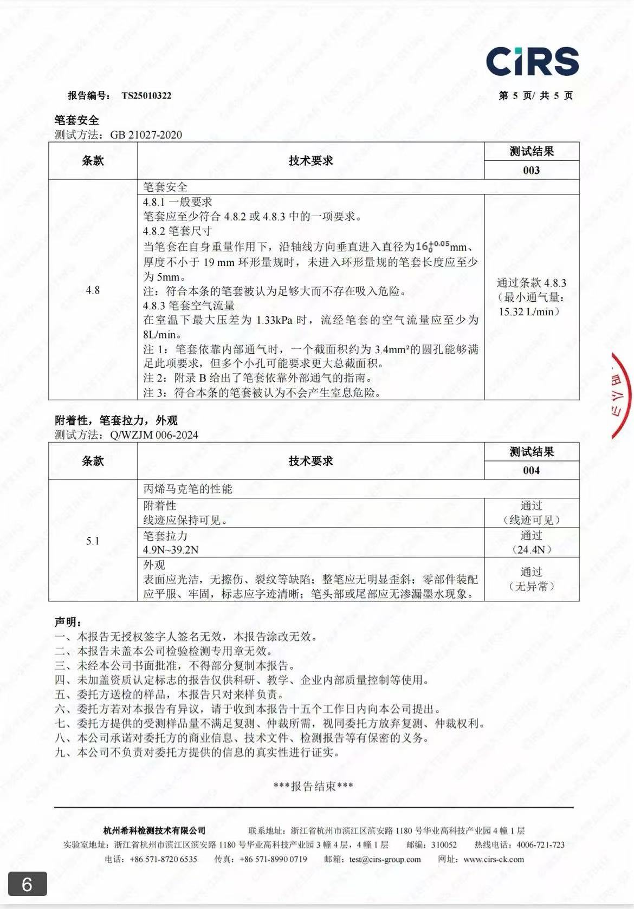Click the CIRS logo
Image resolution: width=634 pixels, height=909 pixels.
(532, 61)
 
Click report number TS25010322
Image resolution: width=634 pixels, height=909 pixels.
(146, 96)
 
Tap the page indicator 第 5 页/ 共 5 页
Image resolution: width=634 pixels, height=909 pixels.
(535, 96)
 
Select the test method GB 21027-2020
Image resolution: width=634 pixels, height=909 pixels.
(146, 135)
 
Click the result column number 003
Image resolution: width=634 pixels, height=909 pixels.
(531, 170)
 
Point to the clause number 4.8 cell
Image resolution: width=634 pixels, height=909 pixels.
(93, 290)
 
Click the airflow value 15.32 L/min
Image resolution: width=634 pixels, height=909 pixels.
(528, 311)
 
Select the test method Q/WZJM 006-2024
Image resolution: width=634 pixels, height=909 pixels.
(154, 435)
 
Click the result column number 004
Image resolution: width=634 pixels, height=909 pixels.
(531, 470)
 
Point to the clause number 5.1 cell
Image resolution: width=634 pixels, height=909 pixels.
(93, 541)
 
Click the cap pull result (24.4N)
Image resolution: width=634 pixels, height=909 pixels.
(531, 550)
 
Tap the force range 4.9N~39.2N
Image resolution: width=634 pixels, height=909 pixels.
(171, 550)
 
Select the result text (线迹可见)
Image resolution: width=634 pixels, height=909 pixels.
(531, 520)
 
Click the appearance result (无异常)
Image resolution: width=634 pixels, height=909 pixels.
(531, 586)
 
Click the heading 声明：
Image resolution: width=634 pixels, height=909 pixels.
(68, 622)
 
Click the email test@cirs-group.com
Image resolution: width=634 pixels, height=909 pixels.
(385, 859)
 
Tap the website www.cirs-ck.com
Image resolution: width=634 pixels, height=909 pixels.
(494, 859)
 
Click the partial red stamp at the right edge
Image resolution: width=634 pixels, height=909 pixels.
(622, 395)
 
